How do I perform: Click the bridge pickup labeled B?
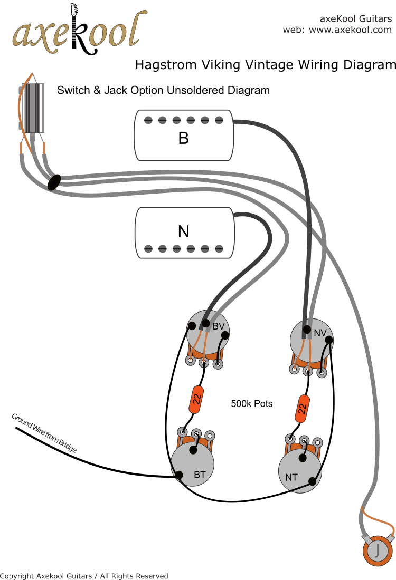(183, 136)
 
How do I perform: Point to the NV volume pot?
(312, 340)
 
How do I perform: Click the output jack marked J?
(377, 550)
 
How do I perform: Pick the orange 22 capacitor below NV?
(303, 408)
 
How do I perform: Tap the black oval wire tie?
(54, 182)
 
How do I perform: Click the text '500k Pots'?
(252, 404)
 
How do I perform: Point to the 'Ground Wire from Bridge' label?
(44, 433)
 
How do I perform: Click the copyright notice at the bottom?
(84, 576)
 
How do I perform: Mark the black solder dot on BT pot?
(179, 475)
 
